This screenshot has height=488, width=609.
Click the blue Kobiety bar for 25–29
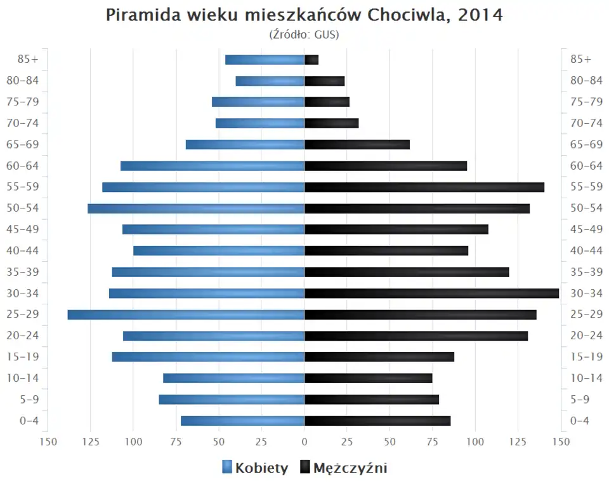coord(186,315)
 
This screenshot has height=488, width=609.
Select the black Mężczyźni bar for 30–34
coord(431,293)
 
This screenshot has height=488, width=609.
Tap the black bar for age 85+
coord(311,60)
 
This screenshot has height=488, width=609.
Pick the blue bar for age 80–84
coord(270,81)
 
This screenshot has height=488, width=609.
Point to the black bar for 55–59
coord(424,187)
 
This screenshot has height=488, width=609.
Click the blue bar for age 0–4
coord(242,421)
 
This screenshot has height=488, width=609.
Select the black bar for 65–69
coord(357,144)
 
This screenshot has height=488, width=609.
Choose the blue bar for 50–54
coord(196,208)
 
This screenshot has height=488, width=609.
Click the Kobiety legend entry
coord(255,468)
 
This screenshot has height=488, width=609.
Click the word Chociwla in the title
coord(406,15)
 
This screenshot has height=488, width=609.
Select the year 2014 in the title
coord(481,15)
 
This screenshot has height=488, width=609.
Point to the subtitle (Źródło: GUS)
coord(304,34)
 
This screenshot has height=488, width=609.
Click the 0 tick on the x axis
coord(304,442)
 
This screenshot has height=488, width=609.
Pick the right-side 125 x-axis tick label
coord(518,442)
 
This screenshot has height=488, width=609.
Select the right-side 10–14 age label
coord(586,378)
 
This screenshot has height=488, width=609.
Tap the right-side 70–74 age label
coord(586,123)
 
